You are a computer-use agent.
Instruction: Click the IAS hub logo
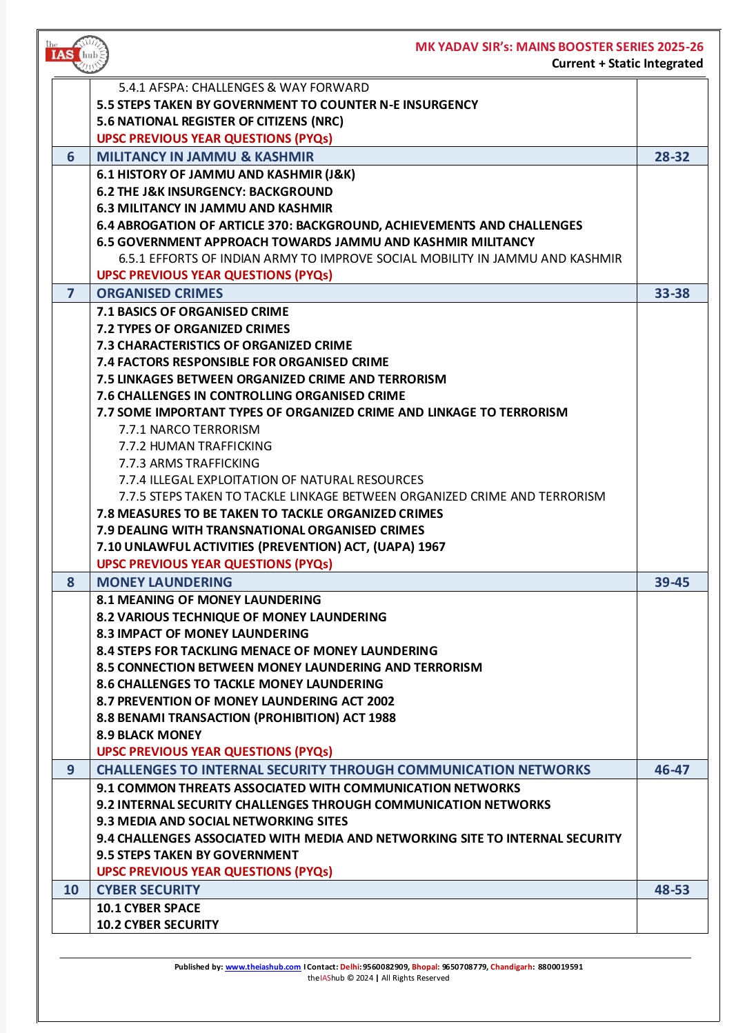pos(77,54)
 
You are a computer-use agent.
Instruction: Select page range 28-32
pos(672,157)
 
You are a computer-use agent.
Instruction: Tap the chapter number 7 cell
pos(70,293)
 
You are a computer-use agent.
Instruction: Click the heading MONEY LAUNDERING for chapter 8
pos(164,582)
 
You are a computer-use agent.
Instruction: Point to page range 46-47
pos(672,770)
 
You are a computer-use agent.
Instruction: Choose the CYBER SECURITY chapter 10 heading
pos(148,890)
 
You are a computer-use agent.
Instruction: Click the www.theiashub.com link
pos(263,967)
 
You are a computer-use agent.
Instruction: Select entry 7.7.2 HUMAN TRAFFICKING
pos(195,446)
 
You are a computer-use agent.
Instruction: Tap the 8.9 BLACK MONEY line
pos(149,734)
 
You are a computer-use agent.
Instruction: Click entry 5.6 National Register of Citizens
pos(220,121)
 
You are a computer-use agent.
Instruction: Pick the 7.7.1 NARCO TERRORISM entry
pos(189,430)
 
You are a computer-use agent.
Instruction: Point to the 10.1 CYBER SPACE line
pos(148,908)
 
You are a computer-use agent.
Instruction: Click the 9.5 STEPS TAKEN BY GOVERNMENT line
pos(197,855)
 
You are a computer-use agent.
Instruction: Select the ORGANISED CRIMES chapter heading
pos(160,293)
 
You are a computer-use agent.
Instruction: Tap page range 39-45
pos(672,582)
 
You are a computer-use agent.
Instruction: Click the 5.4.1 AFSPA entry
pos(244,88)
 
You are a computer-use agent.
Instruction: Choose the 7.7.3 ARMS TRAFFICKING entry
pos(189,463)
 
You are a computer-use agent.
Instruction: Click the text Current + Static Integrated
pos(627,63)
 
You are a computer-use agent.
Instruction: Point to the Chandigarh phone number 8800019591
pos(560,967)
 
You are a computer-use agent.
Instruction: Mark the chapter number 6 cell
pos(70,157)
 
